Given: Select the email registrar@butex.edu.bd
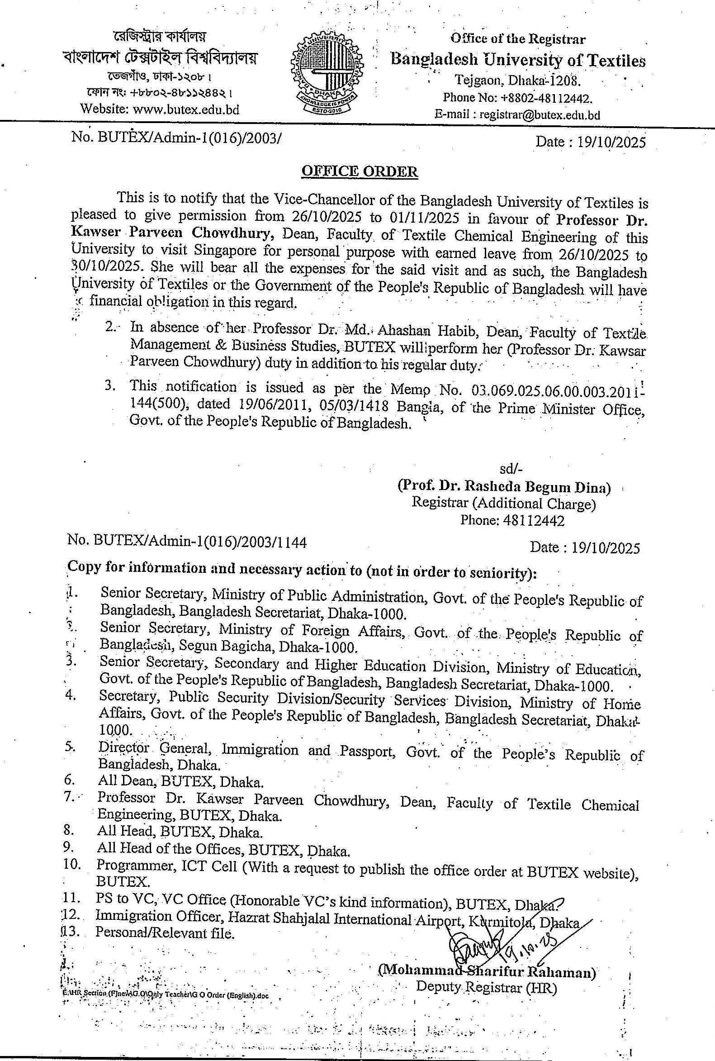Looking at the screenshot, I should [540, 114].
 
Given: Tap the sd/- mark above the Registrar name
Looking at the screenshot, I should [509, 469].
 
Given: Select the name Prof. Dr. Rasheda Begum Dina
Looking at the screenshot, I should [503, 487].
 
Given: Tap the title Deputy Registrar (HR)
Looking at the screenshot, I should [486, 987].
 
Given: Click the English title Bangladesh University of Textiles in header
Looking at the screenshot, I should [518, 60].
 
